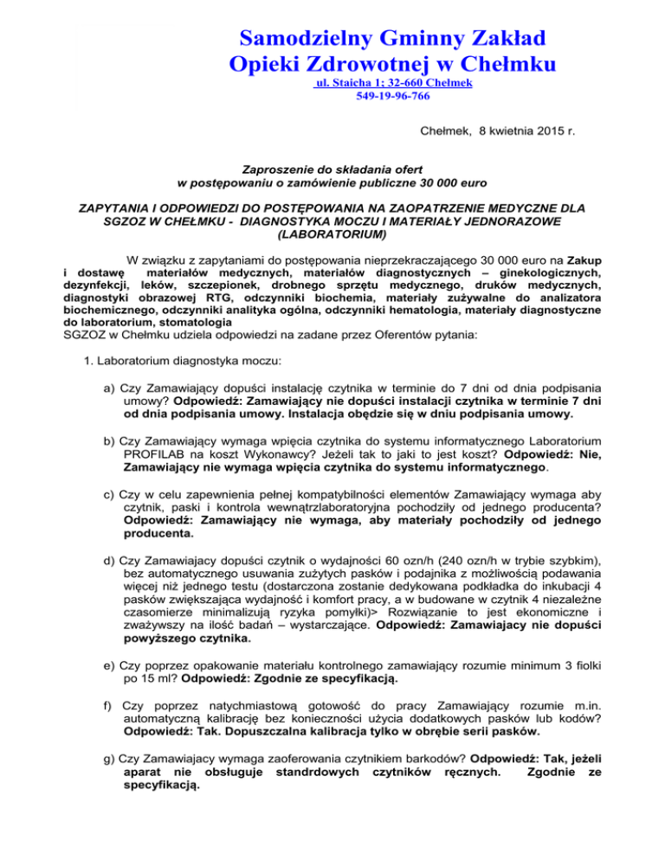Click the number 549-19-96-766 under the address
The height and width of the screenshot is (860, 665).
point(393,97)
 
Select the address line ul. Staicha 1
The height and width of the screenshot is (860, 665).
point(352,83)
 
